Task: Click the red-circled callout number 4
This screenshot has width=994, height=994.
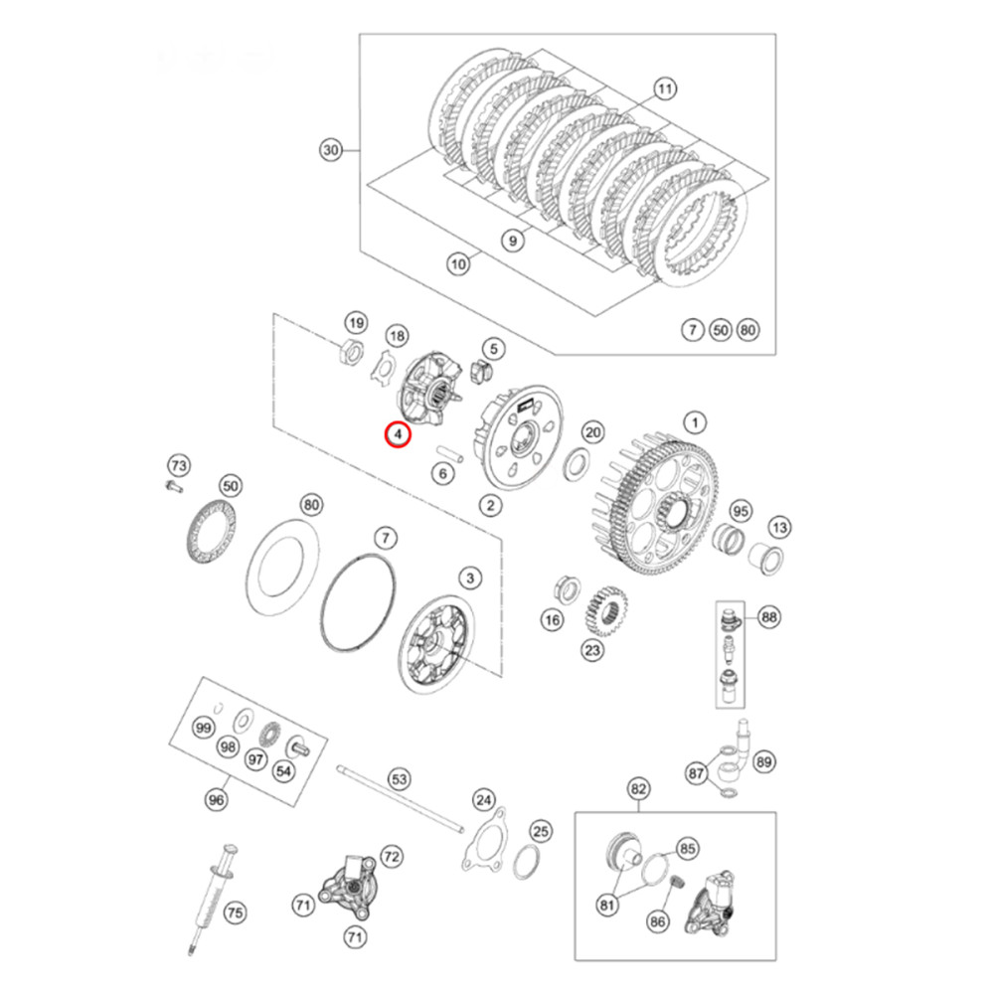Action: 398,434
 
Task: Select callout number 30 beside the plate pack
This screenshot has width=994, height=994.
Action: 331,151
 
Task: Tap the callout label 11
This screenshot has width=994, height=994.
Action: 665,89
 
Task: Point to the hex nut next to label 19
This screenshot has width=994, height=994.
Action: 350,350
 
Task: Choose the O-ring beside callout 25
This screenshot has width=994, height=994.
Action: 528,861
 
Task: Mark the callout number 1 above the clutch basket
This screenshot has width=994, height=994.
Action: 695,422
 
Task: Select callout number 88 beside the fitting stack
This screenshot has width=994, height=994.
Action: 768,617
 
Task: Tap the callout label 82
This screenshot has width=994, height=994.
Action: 638,789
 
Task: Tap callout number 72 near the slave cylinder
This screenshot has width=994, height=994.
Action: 391,855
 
